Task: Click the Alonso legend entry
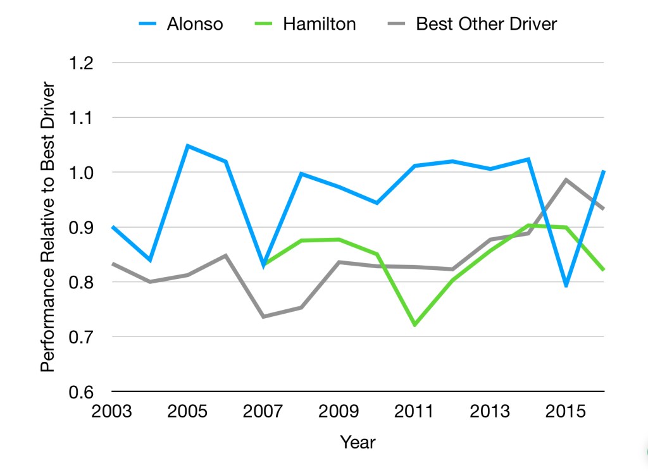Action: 195,25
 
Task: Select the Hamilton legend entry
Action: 320,25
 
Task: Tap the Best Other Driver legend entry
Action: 486,25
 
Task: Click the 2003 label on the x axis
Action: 111,412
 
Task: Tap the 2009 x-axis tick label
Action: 339,412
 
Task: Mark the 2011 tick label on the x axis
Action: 414,412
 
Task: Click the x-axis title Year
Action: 358,442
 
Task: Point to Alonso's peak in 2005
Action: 187,146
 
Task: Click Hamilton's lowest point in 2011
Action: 414,325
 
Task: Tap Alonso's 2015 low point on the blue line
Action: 566,286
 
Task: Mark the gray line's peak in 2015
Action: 566,180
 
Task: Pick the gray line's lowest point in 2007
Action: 263,316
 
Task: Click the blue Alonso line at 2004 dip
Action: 150,261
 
